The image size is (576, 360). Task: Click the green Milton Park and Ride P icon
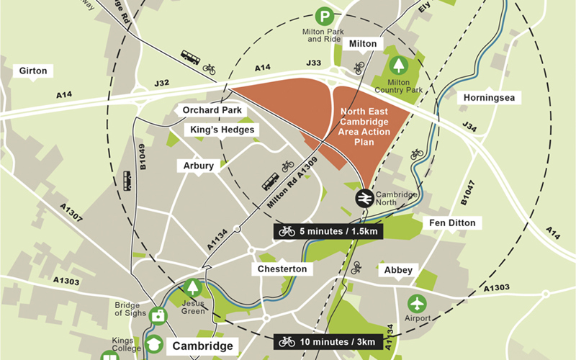[326, 14]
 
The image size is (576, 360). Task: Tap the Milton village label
[363, 44]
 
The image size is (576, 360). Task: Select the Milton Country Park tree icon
[398, 66]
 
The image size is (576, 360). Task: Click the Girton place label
[34, 71]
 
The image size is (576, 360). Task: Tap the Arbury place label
[199, 166]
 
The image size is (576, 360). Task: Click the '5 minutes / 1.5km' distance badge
[328, 231]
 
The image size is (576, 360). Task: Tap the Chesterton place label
[282, 269]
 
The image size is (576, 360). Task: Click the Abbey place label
[398, 270]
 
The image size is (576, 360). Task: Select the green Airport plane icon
[417, 303]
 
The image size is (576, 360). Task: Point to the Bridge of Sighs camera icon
[158, 315]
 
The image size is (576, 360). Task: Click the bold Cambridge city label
[203, 346]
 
